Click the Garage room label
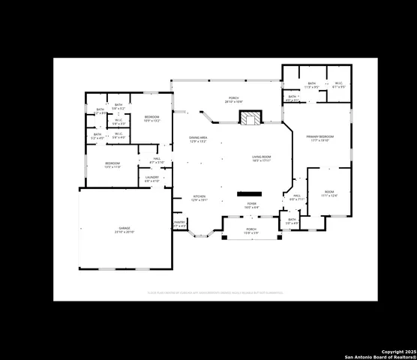click(x=124, y=230)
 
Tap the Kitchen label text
click(x=198, y=199)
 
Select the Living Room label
click(x=261, y=158)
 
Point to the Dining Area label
click(x=198, y=139)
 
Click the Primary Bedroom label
click(x=319, y=138)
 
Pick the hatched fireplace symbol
click(x=250, y=118)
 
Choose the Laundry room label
click(x=151, y=179)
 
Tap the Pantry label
click(x=179, y=223)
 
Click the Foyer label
click(x=252, y=205)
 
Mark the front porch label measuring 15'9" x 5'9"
click(x=251, y=231)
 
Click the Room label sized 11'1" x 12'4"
click(x=329, y=194)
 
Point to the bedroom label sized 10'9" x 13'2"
click(x=151, y=118)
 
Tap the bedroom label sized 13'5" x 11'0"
click(x=112, y=164)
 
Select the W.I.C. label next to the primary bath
click(x=338, y=85)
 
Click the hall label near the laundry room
click(x=157, y=160)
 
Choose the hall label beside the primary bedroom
click(x=296, y=198)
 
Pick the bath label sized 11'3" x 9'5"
click(x=311, y=85)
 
